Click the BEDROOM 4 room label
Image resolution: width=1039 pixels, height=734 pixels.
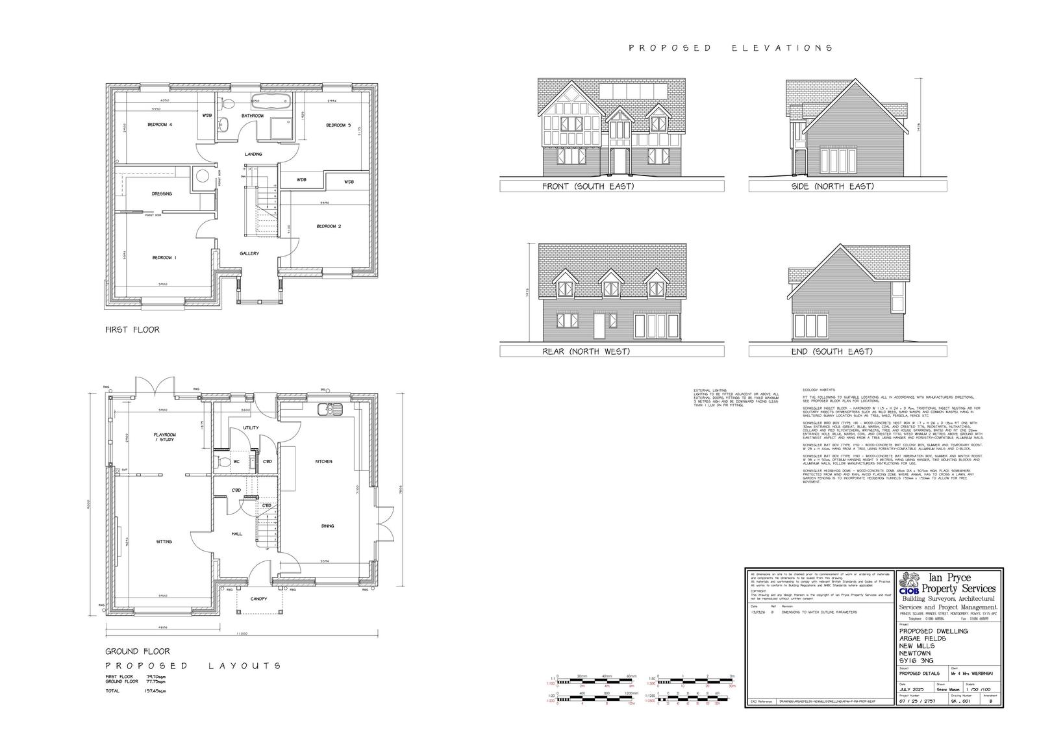[160, 125]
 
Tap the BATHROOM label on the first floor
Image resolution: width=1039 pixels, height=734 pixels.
[253, 116]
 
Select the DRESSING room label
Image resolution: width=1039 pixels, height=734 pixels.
[162, 194]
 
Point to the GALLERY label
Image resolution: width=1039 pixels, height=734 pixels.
[249, 254]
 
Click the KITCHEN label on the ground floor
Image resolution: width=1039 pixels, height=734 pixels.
[324, 462]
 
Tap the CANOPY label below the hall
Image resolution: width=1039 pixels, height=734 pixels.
[258, 599]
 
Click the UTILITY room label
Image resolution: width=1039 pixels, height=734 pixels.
[251, 428]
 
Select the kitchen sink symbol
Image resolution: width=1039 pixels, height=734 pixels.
[330, 409]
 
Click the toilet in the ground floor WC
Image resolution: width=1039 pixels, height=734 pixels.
[222, 462]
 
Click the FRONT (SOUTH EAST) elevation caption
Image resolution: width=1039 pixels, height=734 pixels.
[588, 186]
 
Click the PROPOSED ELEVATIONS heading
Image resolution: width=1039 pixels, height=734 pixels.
[731, 48]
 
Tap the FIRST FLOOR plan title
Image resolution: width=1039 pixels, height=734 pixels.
[132, 330]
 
